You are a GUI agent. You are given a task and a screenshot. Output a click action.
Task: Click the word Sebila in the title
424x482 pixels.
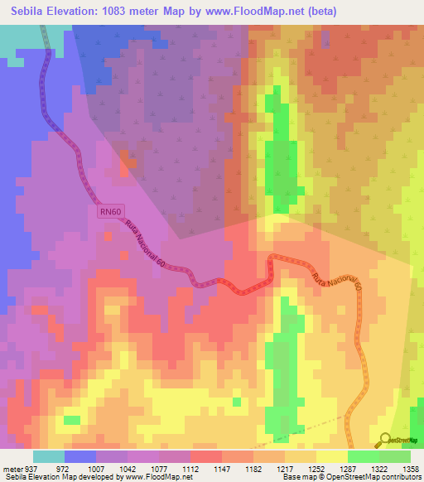point(31,11)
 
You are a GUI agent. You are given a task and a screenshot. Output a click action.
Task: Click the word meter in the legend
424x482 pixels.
point(11,468)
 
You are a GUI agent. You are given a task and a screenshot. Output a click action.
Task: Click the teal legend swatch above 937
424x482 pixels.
point(49,456)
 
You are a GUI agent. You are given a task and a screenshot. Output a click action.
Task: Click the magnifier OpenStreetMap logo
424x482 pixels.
point(386,439)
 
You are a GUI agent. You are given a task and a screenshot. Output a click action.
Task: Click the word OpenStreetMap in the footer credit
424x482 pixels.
point(367,478)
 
